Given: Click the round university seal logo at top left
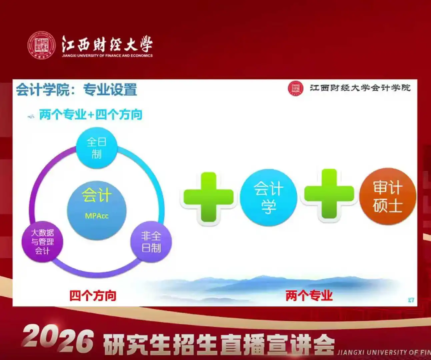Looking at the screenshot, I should tap(41, 45).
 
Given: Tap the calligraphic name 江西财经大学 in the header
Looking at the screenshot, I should tap(107, 44).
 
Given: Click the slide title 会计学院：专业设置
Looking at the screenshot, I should tap(76, 90).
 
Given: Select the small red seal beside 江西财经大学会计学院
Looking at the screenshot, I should tap(295, 88).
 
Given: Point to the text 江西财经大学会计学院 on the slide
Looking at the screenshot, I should tap(360, 88).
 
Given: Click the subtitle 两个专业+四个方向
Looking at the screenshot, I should tap(90, 115).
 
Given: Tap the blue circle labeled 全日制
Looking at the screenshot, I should tap(97, 148).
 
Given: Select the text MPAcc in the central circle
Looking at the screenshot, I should tap(97, 216).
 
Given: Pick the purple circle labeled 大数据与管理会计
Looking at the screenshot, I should tap(42, 242).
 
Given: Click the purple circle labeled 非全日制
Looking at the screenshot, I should tap(151, 242).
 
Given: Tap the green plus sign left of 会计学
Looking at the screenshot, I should tap(209, 197).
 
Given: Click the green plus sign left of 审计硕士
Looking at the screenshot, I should tap(329, 194).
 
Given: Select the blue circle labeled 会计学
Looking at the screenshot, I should tap(268, 197).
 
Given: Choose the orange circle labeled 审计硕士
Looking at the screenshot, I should tap(388, 196).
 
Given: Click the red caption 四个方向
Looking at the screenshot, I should tap(93, 296).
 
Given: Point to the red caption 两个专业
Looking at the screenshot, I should tap(309, 296).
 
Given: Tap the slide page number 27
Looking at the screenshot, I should tap(411, 300).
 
